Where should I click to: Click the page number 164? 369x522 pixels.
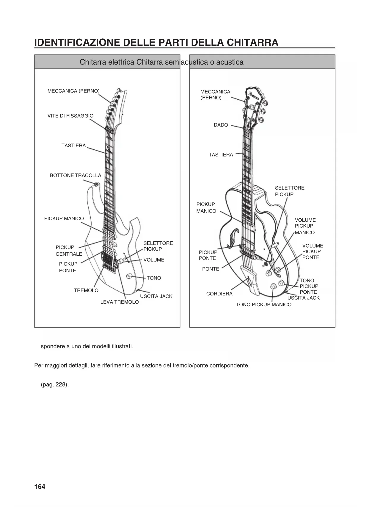(x=40, y=487)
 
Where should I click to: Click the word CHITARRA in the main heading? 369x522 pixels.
(x=252, y=42)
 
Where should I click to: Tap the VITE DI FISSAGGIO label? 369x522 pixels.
(x=70, y=116)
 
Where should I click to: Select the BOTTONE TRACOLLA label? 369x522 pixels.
(x=76, y=175)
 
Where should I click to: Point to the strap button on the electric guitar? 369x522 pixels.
(x=96, y=185)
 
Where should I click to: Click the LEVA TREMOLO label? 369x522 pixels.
(x=120, y=302)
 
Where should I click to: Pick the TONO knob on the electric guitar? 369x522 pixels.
(x=129, y=276)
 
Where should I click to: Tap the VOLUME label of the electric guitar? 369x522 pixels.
(x=154, y=260)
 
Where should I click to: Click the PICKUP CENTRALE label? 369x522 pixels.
(x=69, y=251)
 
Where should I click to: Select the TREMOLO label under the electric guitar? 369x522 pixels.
(x=86, y=290)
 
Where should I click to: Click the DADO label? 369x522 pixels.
(x=221, y=125)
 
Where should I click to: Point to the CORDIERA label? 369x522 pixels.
(x=219, y=294)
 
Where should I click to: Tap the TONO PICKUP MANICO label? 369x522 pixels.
(x=264, y=304)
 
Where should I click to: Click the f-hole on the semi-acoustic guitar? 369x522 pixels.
(x=233, y=238)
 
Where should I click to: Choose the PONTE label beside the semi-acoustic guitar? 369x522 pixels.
(x=211, y=269)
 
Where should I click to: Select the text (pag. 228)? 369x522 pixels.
(x=55, y=384)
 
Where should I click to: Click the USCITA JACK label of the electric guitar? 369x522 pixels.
(x=156, y=296)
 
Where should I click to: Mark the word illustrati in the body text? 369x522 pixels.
(x=122, y=346)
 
